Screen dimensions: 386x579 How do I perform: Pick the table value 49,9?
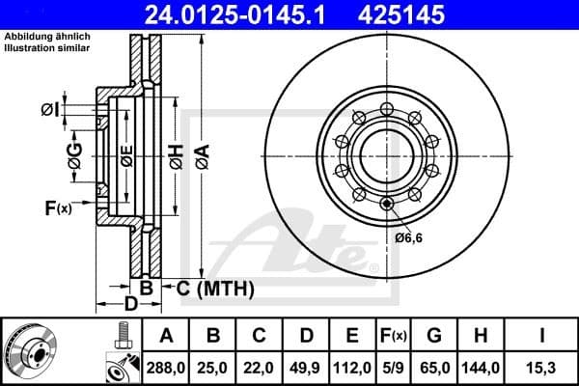pyautogui.click(x=307, y=366)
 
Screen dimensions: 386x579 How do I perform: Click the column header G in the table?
pyautogui.click(x=435, y=336)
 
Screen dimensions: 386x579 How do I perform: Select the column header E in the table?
pyautogui.click(x=353, y=336)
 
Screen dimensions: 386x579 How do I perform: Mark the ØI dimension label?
pyautogui.click(x=49, y=110)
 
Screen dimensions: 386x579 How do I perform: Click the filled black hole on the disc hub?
pyautogui.click(x=387, y=203)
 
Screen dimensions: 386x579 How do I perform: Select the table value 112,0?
pyautogui.click(x=353, y=366)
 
